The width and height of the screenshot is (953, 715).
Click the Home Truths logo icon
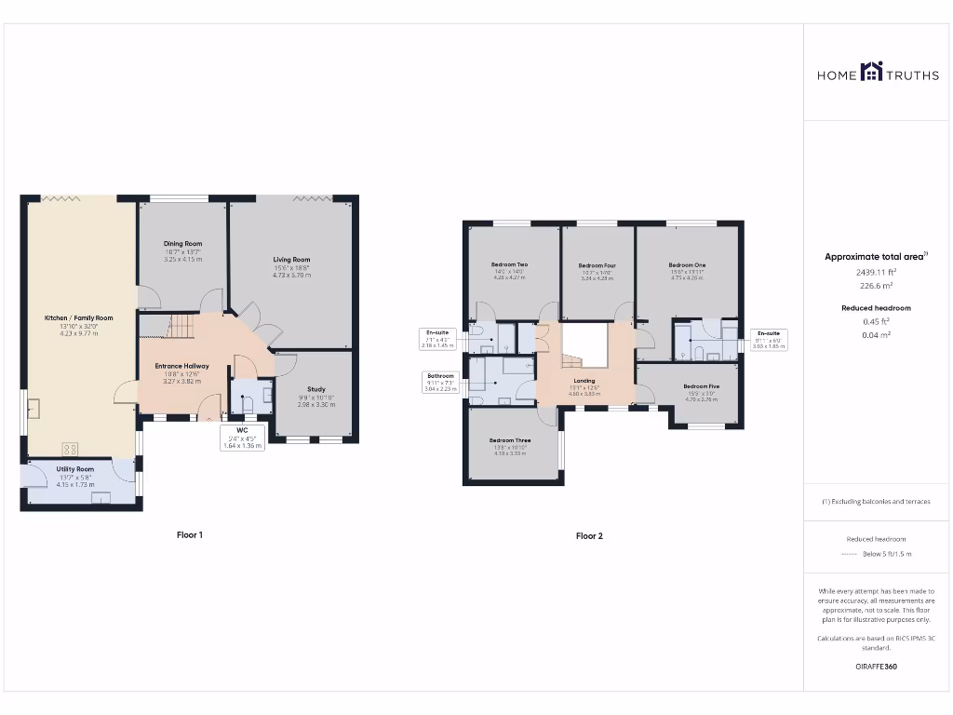(871, 72)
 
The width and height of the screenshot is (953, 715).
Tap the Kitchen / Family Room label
(78, 318)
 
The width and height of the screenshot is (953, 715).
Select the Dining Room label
(182, 244)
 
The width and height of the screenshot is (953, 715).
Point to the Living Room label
(291, 260)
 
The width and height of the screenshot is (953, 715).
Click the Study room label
(315, 389)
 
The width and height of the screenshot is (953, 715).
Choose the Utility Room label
(75, 469)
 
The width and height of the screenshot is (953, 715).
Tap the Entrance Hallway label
(181, 366)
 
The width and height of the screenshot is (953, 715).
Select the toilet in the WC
(248, 402)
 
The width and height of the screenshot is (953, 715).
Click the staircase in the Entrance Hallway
(181, 327)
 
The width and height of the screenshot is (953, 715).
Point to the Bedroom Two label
(509, 265)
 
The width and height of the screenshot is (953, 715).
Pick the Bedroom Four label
(597, 265)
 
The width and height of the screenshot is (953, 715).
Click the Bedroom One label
(687, 265)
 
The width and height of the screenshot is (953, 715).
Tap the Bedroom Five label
(701, 386)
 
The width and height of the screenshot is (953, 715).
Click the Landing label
(584, 381)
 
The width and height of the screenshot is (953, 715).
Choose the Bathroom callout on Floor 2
(440, 382)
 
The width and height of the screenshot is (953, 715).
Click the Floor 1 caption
(189, 535)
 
